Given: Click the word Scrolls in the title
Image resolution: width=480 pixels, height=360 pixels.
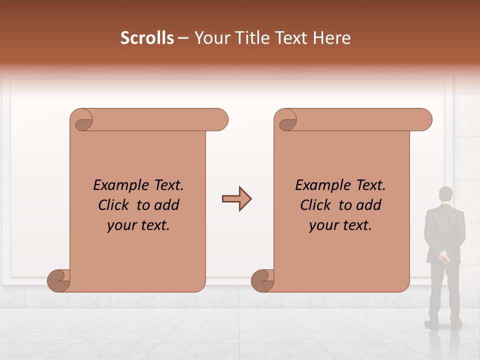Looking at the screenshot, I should [147, 38].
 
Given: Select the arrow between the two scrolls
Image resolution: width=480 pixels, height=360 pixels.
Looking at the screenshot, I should [236, 199].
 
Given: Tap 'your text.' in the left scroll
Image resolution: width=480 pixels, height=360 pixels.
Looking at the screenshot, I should [138, 225].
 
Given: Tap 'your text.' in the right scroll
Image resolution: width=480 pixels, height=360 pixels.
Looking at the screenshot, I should [340, 225].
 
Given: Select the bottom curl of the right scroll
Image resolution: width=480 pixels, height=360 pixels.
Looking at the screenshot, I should [263, 280].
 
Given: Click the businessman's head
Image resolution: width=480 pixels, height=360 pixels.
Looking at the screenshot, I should [445, 194].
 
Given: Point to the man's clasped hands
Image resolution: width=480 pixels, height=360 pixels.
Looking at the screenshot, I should [444, 257].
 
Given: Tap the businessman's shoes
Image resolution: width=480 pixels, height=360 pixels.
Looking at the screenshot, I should [444, 324].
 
